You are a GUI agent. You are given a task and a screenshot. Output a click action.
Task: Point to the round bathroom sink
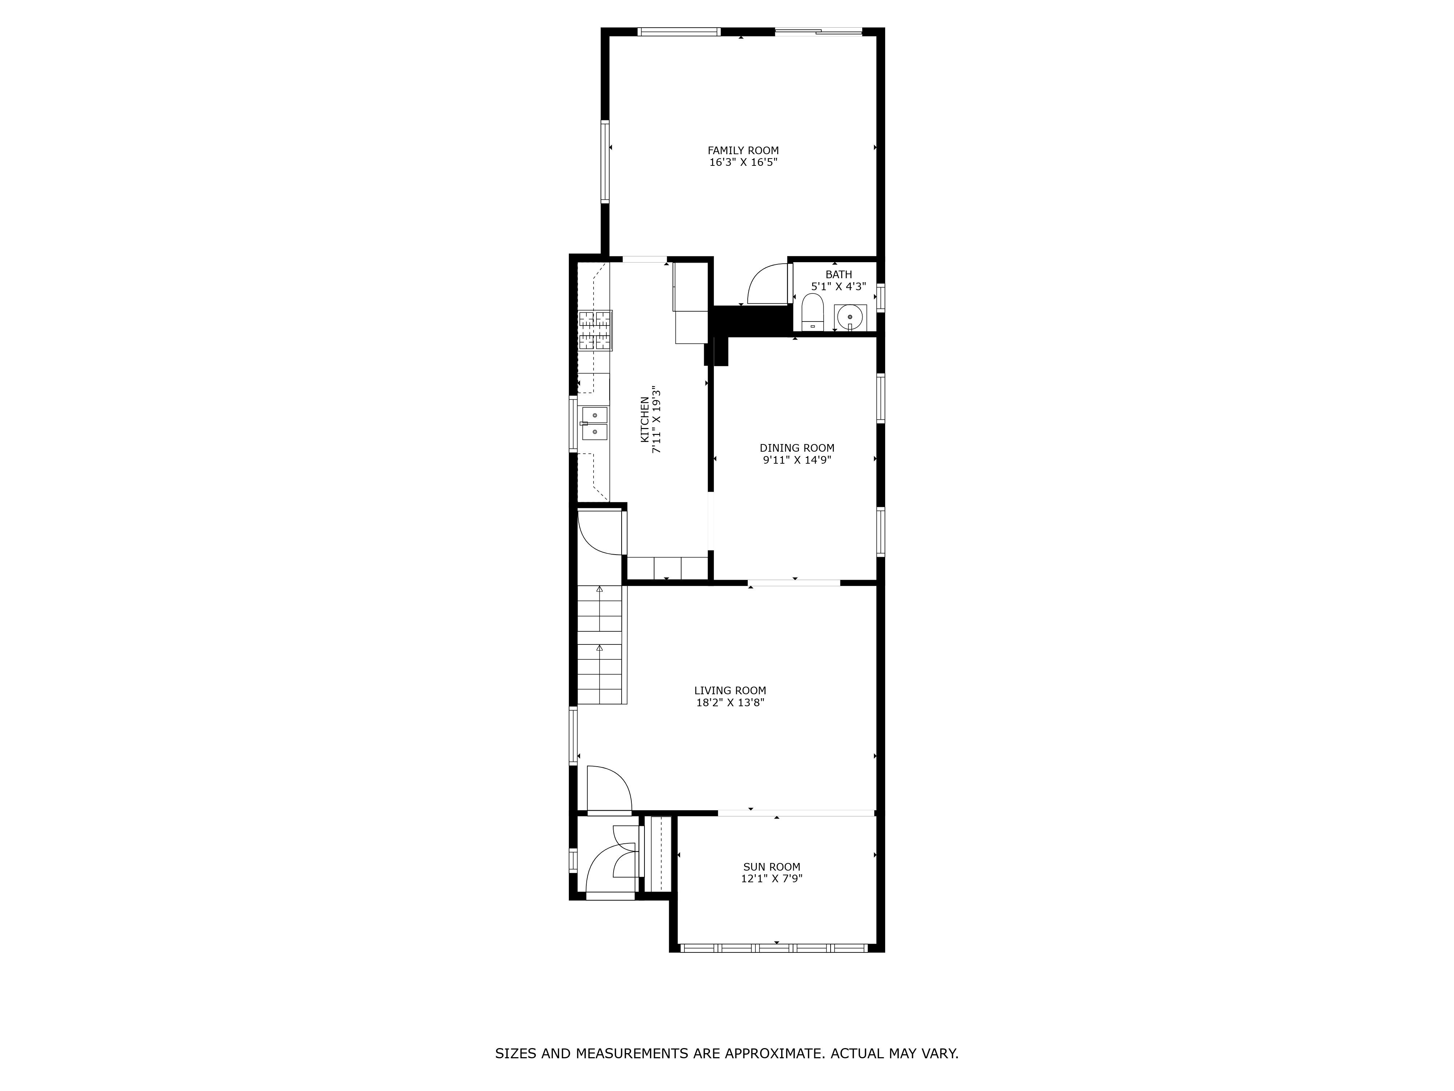(x=850, y=317)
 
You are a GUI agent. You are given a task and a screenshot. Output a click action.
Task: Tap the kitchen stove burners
(x=595, y=330)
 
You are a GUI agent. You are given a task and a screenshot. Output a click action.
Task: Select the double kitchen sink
(x=594, y=423)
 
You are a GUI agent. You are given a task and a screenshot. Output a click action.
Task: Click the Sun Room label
(x=772, y=867)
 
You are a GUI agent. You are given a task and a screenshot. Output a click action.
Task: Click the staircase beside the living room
(x=599, y=644)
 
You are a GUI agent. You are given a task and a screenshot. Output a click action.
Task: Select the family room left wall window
(x=605, y=161)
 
